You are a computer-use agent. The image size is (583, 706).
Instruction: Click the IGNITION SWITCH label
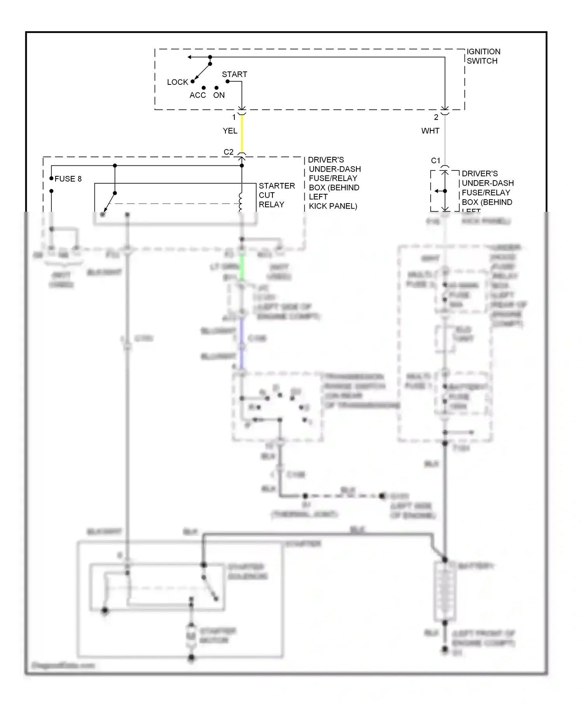tap(483, 56)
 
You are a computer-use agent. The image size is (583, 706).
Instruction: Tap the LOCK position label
tap(177, 82)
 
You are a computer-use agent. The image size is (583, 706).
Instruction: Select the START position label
tap(234, 74)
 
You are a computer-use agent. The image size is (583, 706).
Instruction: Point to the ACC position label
tap(197, 95)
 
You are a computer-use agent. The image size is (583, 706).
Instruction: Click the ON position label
tap(219, 95)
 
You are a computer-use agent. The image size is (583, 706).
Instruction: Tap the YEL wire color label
tap(230, 131)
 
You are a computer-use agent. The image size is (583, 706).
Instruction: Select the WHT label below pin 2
tap(430, 131)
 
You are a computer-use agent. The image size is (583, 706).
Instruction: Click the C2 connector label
tap(229, 152)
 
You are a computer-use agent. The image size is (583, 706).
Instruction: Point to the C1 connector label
tap(436, 161)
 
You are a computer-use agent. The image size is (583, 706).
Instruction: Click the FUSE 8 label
tap(68, 179)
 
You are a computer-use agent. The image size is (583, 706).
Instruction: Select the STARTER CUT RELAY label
tap(276, 195)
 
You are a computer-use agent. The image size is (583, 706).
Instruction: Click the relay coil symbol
tap(241, 202)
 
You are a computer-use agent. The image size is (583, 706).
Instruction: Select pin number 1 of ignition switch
tap(234, 117)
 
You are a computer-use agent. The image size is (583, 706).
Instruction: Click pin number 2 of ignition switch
tap(436, 117)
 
